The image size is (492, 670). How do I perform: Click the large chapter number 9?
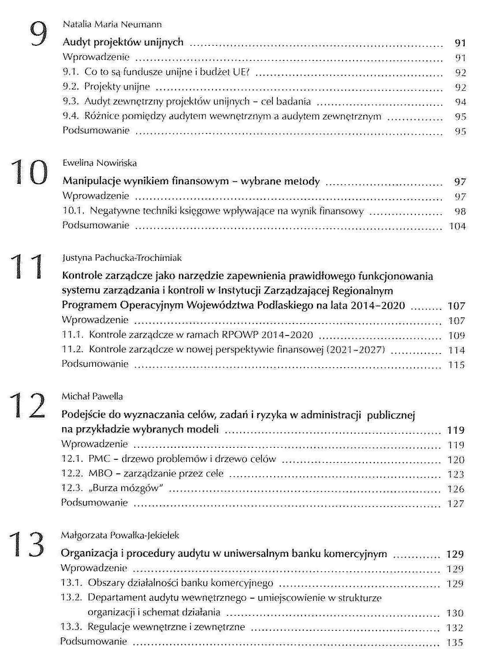pos(38,33)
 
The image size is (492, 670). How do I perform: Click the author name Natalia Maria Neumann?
pos(112,24)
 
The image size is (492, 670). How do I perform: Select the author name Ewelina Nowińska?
pos(100,163)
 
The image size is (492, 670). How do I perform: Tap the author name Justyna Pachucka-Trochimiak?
pos(122,258)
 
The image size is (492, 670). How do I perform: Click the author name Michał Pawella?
pos(92,396)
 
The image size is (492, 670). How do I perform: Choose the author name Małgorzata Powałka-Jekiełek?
pos(120,535)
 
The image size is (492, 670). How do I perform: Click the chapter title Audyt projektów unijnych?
pos(123,42)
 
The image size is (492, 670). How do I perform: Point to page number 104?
pos(457,226)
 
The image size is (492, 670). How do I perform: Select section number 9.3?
pos(70,102)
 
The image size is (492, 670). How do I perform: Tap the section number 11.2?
pos(72,350)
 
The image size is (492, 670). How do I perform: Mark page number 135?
pos(455,642)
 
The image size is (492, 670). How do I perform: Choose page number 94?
pos(460,102)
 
